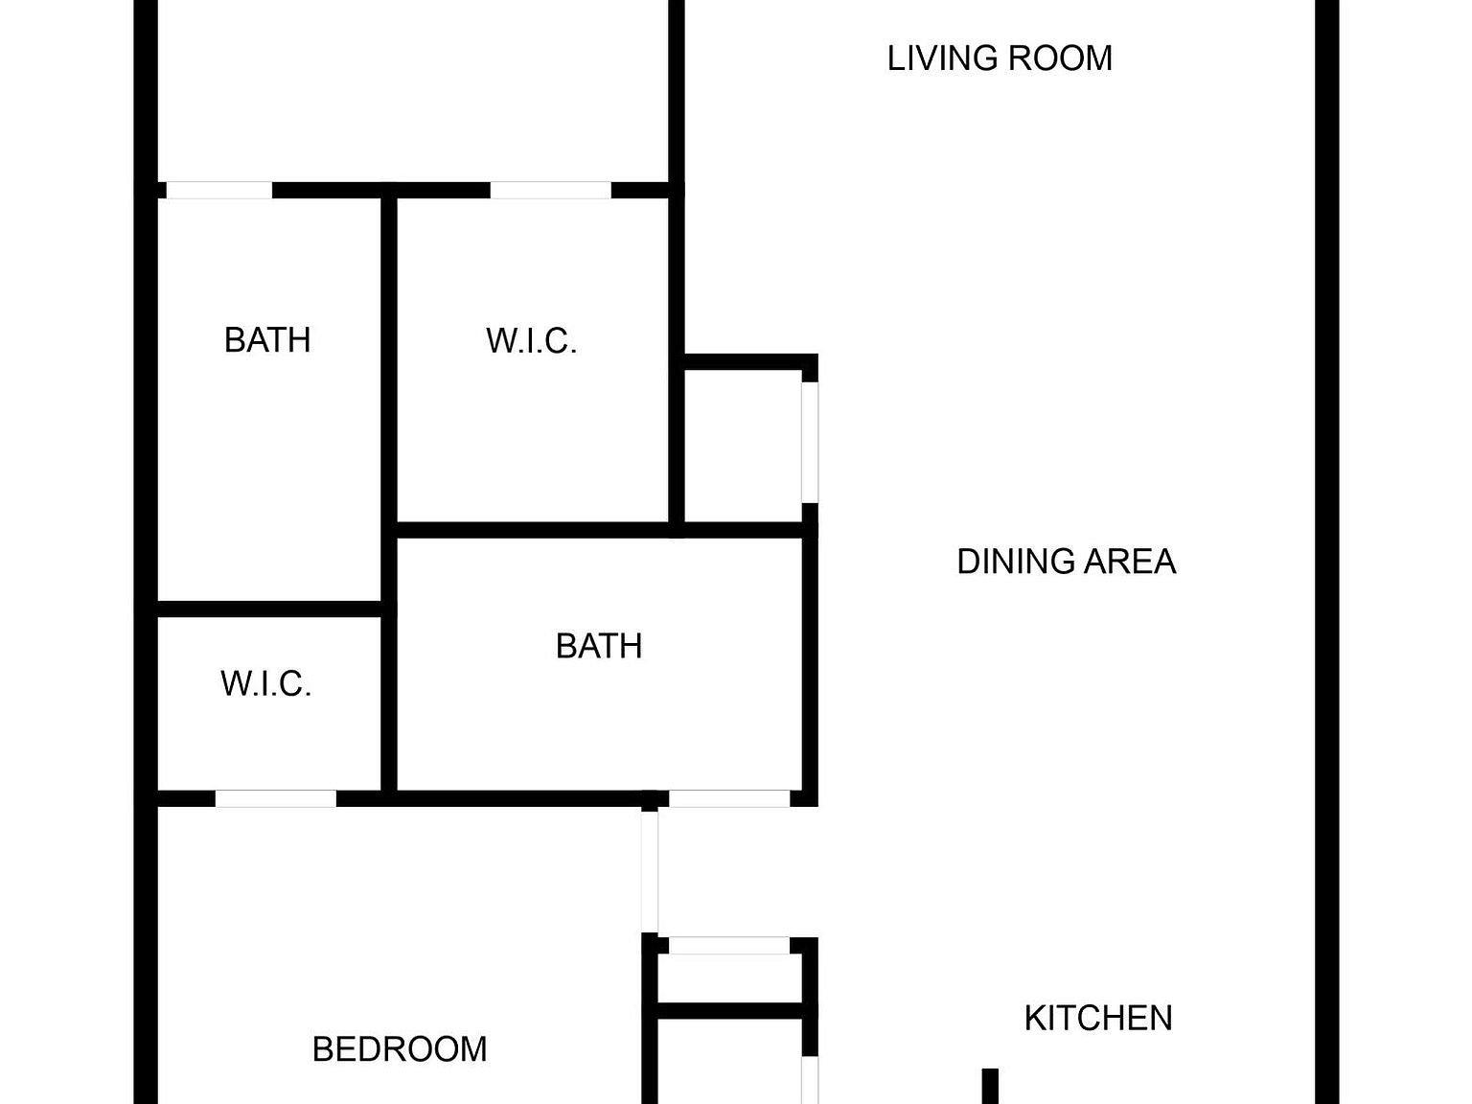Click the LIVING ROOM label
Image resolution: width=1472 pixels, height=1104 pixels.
(x=1000, y=58)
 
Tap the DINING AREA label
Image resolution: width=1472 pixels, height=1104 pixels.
(x=1066, y=562)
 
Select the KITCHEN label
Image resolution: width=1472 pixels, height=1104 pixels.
(x=1098, y=1018)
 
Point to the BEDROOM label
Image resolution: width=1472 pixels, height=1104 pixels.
(x=400, y=1049)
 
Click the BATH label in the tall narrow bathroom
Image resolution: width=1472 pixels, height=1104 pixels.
(x=267, y=340)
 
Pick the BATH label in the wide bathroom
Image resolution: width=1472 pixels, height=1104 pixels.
(x=599, y=646)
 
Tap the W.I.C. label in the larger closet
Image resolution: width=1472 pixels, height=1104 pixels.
(x=531, y=341)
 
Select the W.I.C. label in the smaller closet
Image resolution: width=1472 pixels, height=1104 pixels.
(x=265, y=684)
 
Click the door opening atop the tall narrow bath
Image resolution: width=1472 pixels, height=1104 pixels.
(x=219, y=191)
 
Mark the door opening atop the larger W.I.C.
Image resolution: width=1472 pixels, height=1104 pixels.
(x=551, y=191)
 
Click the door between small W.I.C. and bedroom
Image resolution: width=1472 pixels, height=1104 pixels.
(x=276, y=799)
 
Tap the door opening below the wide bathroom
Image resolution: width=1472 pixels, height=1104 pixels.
(x=729, y=799)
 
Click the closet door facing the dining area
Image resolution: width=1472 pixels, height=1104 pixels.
(x=811, y=442)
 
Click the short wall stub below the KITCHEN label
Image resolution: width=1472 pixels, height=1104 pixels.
(x=990, y=1086)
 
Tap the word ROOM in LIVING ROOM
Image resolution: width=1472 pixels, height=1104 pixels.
(x=1060, y=58)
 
